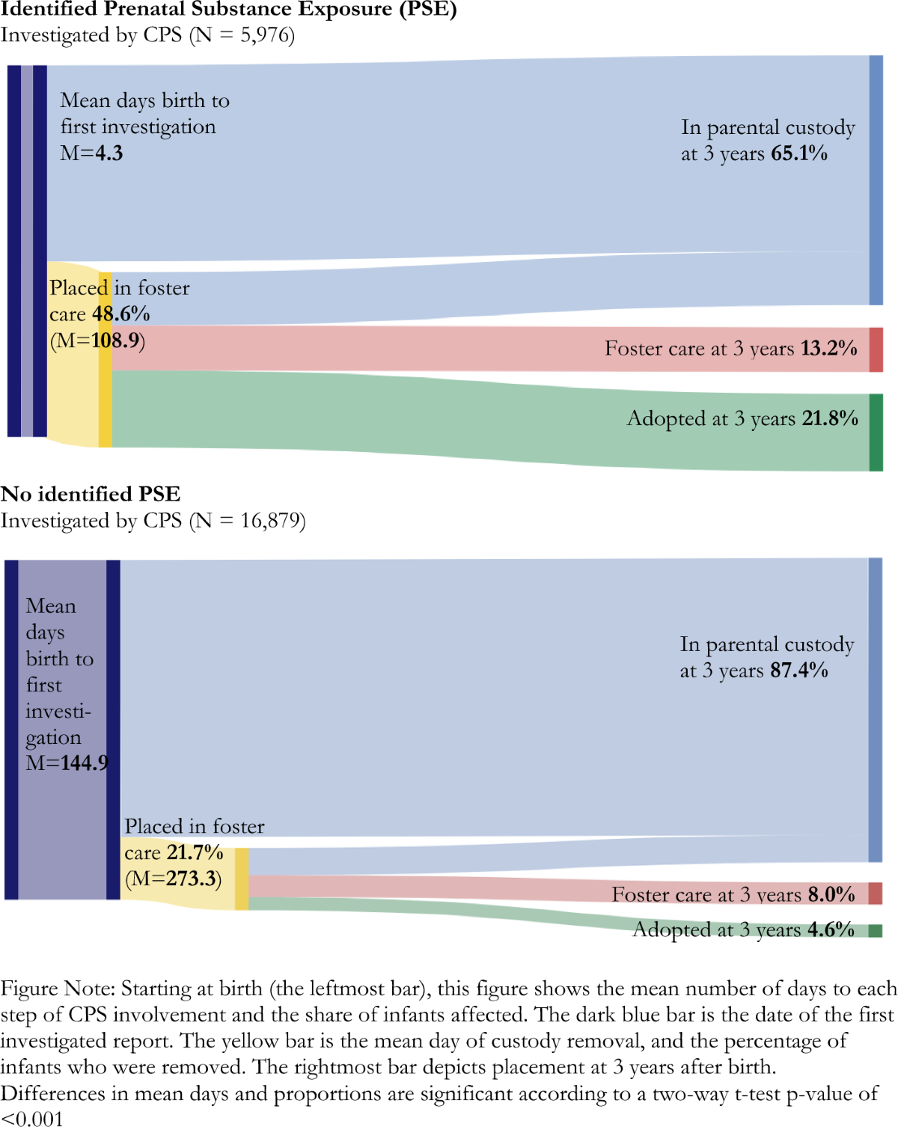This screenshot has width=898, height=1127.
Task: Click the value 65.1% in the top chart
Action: pyautogui.click(x=799, y=153)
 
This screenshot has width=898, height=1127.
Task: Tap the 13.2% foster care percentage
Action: pyautogui.click(x=828, y=348)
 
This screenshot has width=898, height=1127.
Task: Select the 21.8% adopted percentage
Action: pyautogui.click(x=830, y=418)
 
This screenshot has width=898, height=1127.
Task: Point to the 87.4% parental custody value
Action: pyautogui.click(x=799, y=670)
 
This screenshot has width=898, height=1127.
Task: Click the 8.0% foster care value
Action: pyautogui.click(x=831, y=894)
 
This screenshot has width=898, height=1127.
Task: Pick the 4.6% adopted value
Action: pyautogui.click(x=831, y=929)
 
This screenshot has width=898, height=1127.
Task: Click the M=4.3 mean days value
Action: pyautogui.click(x=91, y=153)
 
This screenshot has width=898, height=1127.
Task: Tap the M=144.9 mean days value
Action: pyautogui.click(x=67, y=763)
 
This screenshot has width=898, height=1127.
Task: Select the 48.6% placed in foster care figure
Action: pyautogui.click(x=120, y=314)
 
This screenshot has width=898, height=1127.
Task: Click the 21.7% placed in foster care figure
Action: pyautogui.click(x=195, y=852)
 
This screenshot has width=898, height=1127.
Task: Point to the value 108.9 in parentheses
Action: pyautogui.click(x=116, y=340)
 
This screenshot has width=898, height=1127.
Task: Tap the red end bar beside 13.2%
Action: pyautogui.click(x=876, y=349)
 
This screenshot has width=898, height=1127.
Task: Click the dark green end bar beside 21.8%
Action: pyautogui.click(x=876, y=433)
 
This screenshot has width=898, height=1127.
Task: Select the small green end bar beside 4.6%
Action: pyautogui.click(x=876, y=931)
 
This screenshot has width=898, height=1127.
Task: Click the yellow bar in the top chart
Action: pyautogui.click(x=106, y=359)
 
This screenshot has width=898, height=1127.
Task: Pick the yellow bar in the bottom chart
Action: pyautogui.click(x=242, y=879)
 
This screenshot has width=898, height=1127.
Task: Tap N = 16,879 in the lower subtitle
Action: pyautogui.click(x=248, y=520)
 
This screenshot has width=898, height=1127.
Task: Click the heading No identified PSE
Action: pyautogui.click(x=91, y=494)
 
